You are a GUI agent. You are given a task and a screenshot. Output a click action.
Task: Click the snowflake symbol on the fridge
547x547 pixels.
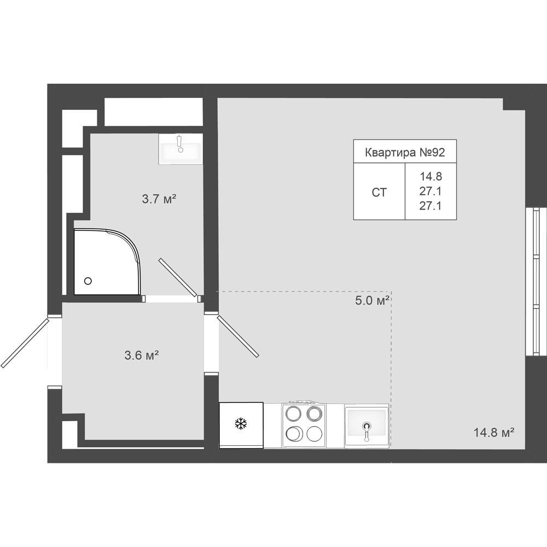click(241, 424)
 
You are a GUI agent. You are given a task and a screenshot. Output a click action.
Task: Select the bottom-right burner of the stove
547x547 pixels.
click(315, 434)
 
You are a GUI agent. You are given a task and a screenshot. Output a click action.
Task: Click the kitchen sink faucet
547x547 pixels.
click(366, 431)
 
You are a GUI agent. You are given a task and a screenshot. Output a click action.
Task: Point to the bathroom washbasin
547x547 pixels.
click(181, 149)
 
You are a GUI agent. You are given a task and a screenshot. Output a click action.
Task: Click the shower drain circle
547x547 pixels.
click(88, 281)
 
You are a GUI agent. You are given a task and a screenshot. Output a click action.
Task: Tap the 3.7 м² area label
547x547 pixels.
click(159, 199)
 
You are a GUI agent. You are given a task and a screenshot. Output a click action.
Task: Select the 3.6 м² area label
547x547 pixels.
click(142, 356)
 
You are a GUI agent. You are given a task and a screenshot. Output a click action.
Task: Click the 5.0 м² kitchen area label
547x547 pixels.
click(372, 300)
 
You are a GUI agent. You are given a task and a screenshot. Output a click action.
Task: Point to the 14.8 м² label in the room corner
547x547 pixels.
click(494, 433)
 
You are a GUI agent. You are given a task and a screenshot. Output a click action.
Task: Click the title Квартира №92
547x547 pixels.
click(405, 153)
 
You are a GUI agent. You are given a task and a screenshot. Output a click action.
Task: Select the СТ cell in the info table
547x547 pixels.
click(379, 192)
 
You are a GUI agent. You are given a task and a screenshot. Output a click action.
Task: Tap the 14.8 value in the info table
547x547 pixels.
click(431, 177)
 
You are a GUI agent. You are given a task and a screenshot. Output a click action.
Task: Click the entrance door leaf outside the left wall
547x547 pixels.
click(25, 343)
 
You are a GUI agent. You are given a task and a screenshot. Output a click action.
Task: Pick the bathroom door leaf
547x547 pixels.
click(178, 277)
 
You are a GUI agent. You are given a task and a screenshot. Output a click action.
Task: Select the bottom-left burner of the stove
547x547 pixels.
click(293, 434)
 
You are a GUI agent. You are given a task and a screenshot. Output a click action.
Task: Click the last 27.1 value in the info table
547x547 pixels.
click(430, 206)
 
